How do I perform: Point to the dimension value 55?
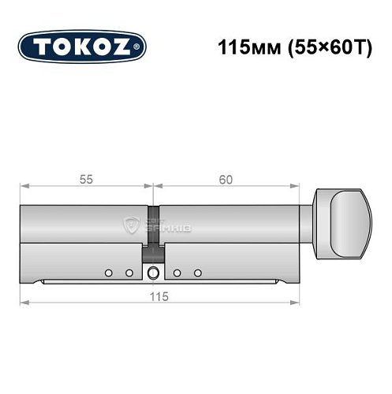coord(85,180)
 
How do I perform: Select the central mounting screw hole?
coord(152,273)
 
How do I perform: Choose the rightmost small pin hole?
coord(198,273)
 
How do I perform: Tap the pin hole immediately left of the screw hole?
coord(129,273)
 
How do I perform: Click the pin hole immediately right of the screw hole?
coord(177,273)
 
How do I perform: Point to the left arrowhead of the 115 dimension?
coord(23,302)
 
